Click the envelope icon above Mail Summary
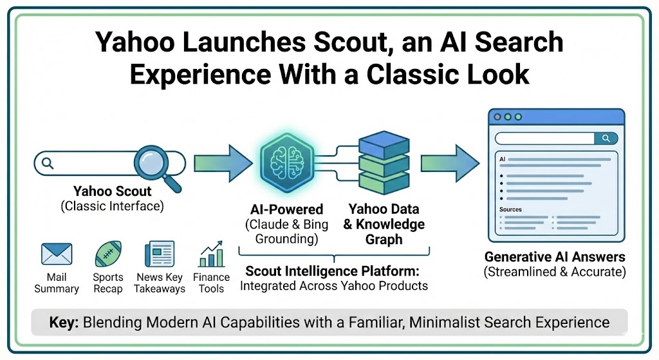57,254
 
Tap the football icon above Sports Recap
108,254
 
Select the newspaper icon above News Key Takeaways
160,254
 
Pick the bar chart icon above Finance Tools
211,254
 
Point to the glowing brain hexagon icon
287,163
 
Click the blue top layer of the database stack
384,144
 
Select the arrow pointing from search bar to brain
223,163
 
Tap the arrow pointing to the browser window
450,163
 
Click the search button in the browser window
606,138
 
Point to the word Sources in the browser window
510,209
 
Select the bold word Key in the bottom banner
64,323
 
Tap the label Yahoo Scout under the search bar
112,191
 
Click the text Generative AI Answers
555,257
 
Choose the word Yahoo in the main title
135,43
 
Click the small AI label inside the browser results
503,160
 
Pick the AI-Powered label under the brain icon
286,209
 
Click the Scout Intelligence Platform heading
333,271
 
